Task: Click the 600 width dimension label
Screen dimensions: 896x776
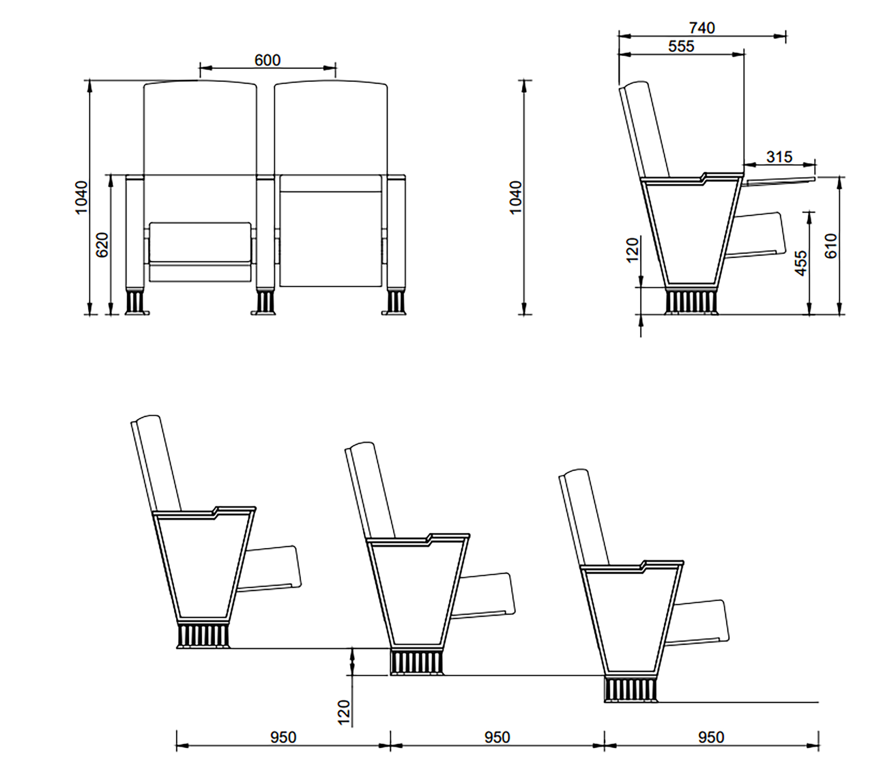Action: click(267, 60)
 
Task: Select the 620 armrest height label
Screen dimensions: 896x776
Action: click(103, 245)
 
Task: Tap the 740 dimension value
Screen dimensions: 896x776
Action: click(702, 28)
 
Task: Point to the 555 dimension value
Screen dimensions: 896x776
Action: click(681, 46)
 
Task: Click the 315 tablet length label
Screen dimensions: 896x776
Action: click(779, 157)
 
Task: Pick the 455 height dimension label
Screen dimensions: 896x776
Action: click(800, 263)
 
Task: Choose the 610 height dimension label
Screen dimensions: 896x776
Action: click(831, 246)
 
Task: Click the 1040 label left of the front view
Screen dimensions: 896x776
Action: click(81, 198)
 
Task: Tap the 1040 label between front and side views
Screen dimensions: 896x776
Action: click(516, 198)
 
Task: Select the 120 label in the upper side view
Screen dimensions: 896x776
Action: click(632, 250)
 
